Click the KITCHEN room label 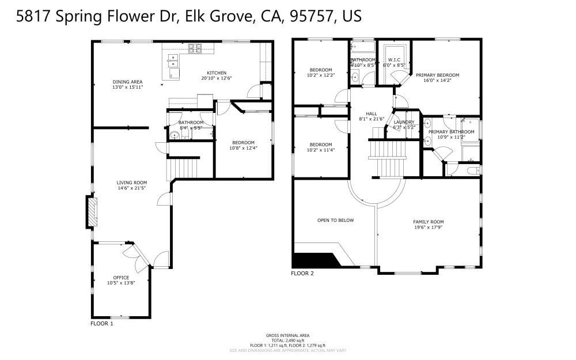[x=217, y=73]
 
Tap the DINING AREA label [x=127, y=81]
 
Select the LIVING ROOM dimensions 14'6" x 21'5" [x=132, y=188]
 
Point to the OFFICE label [x=121, y=277]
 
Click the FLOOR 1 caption [x=102, y=324]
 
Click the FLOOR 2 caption [x=302, y=273]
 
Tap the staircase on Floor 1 [x=183, y=169]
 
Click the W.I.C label [x=395, y=60]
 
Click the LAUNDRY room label [x=404, y=122]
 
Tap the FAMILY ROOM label [x=429, y=221]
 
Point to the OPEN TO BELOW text [x=335, y=220]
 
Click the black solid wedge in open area [x=314, y=260]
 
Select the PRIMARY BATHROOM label [x=451, y=132]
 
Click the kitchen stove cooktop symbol [x=195, y=48]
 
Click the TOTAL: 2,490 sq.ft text [x=287, y=340]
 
